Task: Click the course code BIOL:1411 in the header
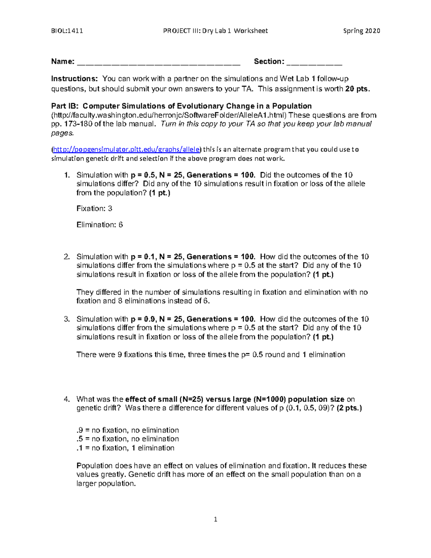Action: [67, 31]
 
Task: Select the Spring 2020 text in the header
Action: [361, 31]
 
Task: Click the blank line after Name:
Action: [158, 63]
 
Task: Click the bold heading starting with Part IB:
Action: [181, 106]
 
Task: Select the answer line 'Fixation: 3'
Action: [94, 208]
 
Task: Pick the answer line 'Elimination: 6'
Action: [99, 225]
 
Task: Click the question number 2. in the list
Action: [67, 257]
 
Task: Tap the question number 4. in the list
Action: [67, 399]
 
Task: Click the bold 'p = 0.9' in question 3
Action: [143, 319]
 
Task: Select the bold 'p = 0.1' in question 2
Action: [143, 257]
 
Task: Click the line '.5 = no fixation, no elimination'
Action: [128, 439]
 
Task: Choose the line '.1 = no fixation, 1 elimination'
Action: [125, 448]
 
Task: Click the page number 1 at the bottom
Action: [215, 519]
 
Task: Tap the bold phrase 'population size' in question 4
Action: [316, 399]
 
